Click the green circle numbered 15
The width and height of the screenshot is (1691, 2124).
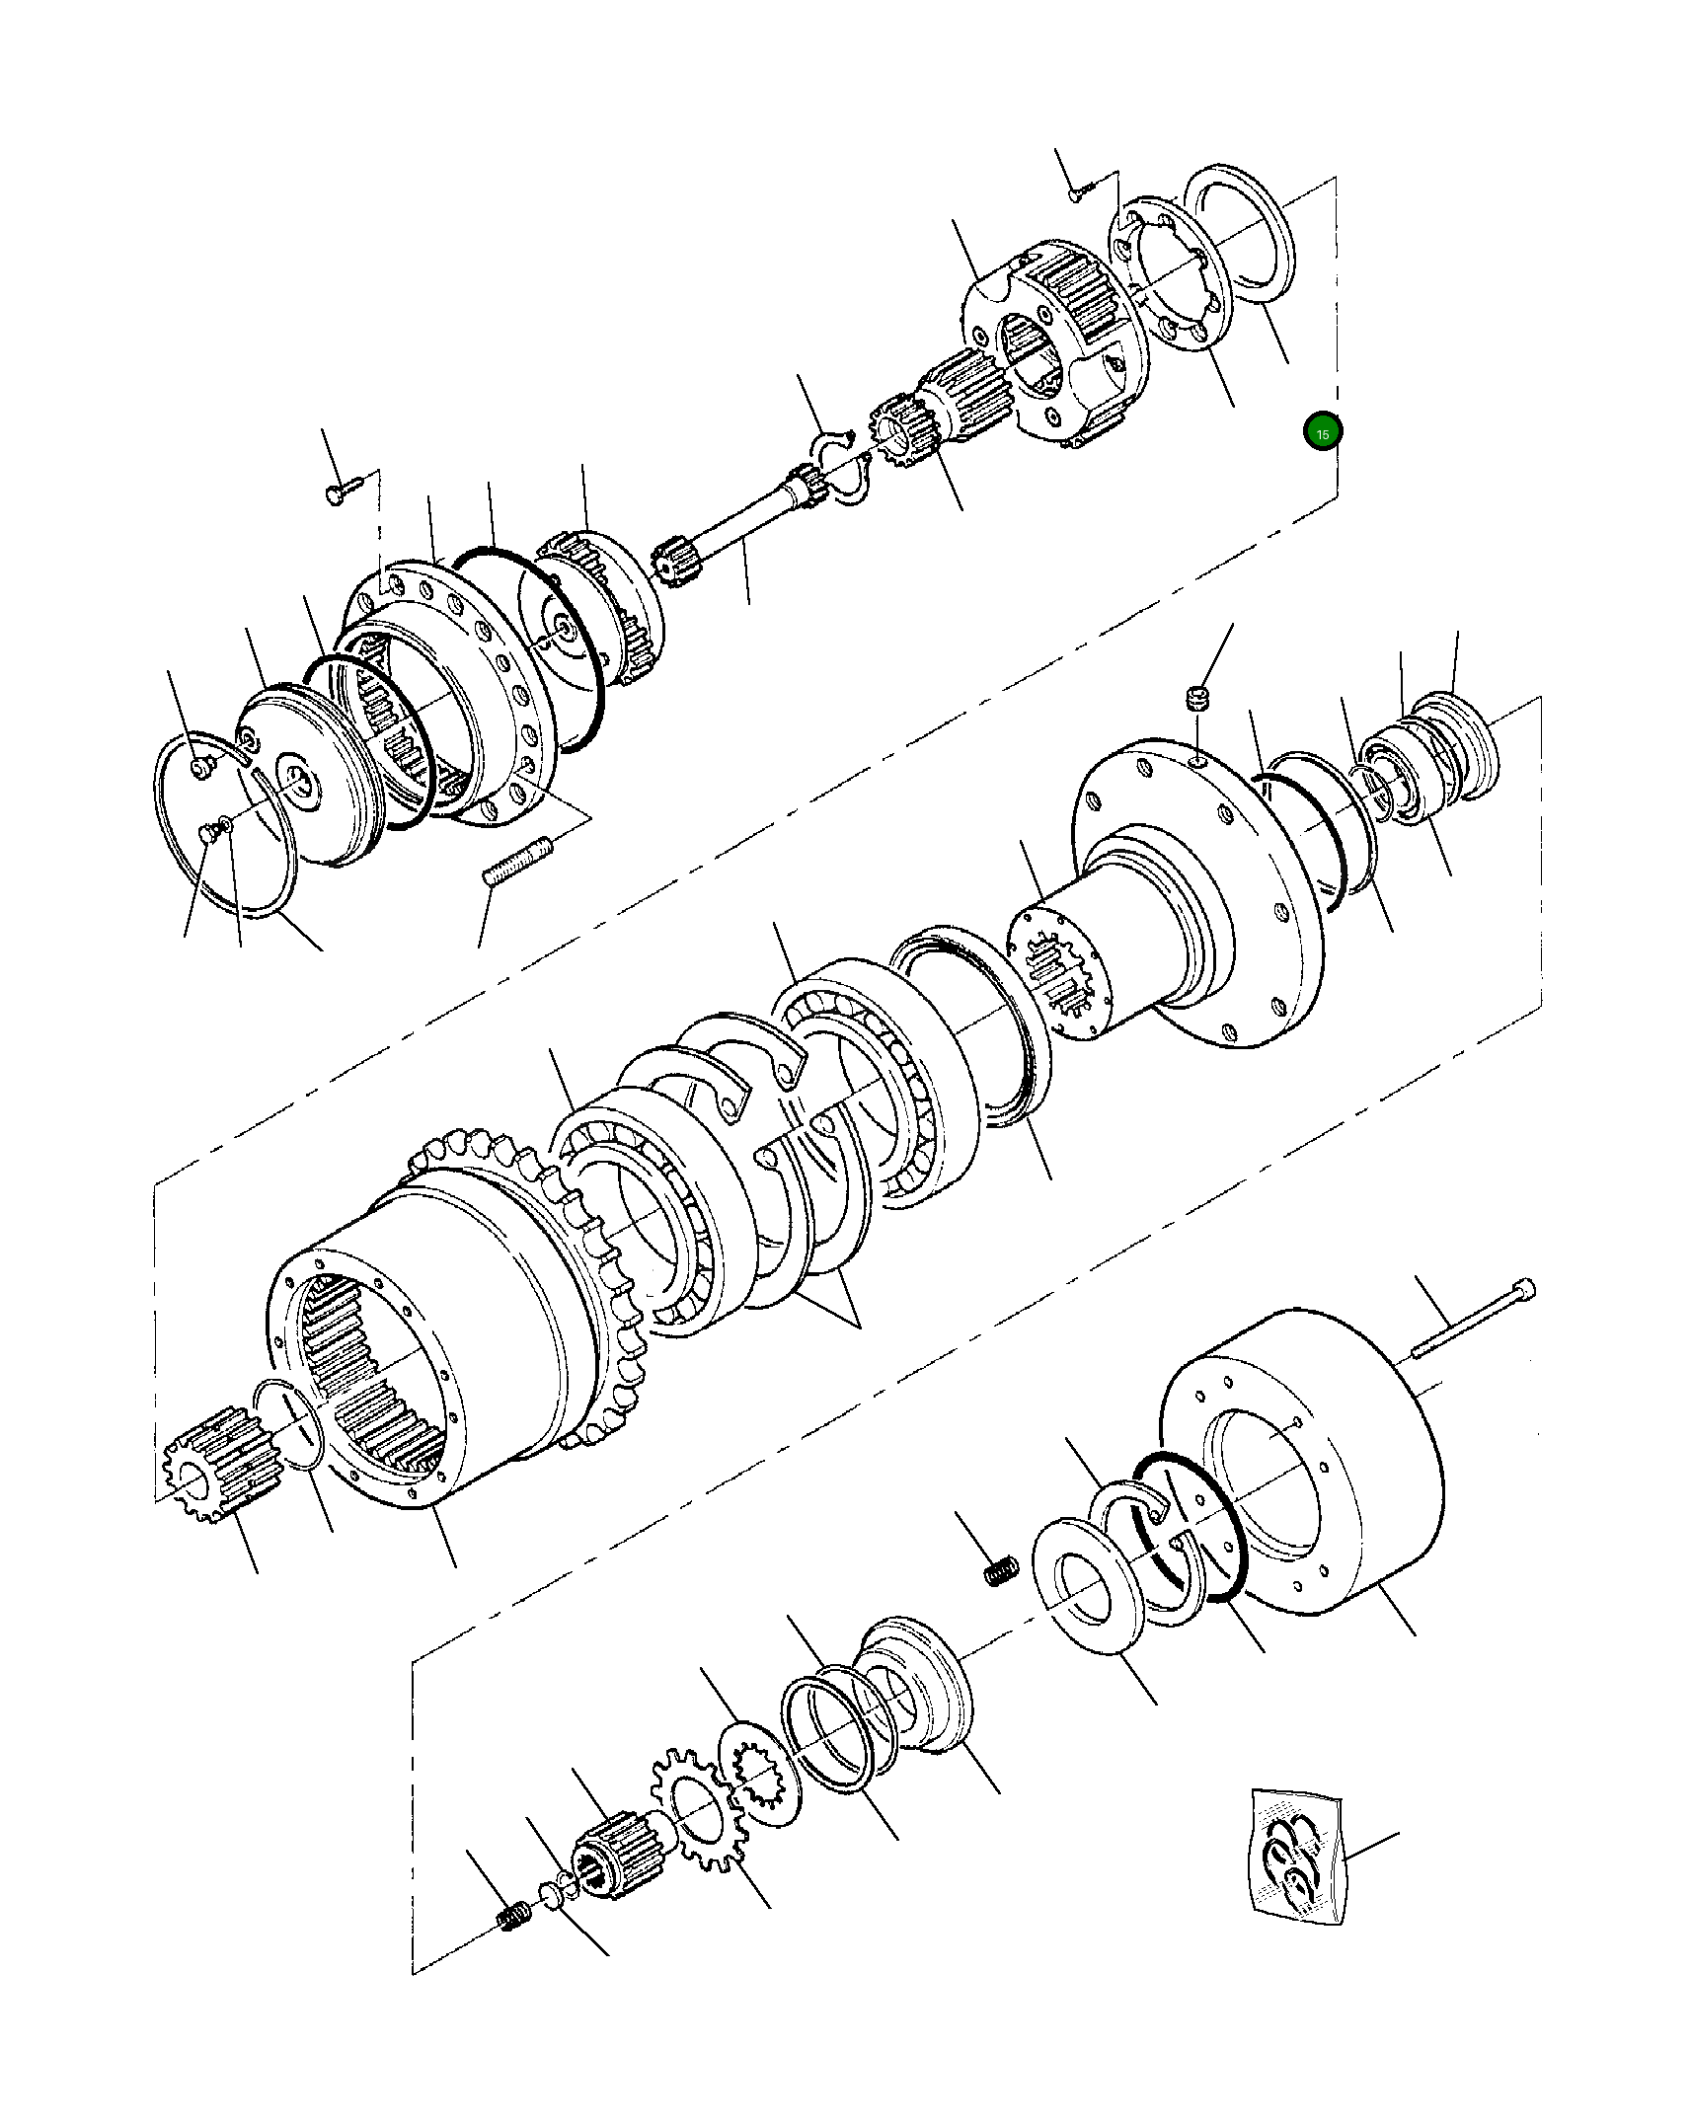point(1322,431)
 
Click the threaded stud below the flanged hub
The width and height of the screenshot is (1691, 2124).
point(517,860)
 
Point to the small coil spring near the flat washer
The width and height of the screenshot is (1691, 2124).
point(1001,1569)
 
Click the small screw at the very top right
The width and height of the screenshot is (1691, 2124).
point(1077,193)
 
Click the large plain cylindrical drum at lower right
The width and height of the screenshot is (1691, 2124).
point(1303,1461)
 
